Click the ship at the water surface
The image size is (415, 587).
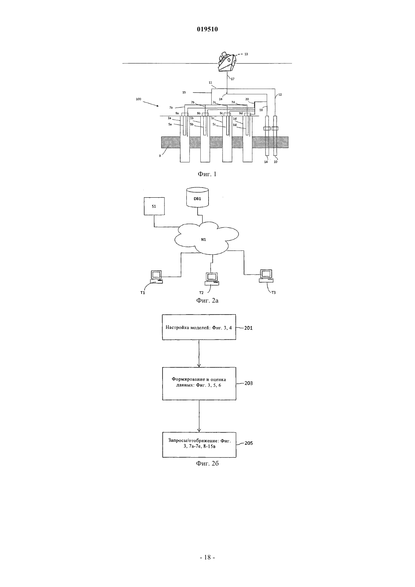click(227, 62)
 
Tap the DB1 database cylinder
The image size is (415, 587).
click(197, 197)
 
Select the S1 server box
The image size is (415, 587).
click(154, 206)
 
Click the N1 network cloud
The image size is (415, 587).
click(206, 238)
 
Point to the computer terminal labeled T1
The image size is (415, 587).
click(156, 277)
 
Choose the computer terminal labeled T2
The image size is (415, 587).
click(212, 279)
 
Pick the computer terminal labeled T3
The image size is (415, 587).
click(266, 276)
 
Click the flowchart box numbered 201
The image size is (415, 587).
click(199, 327)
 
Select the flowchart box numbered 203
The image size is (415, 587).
click(199, 384)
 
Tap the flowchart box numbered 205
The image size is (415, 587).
click(199, 445)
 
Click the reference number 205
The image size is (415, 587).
click(249, 443)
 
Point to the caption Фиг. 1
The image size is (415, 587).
click(207, 174)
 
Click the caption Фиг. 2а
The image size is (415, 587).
click(207, 300)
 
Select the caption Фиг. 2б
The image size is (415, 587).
click(207, 464)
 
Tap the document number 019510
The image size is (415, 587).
click(207, 29)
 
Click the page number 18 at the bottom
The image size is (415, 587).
click(207, 558)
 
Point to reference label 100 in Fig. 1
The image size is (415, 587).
click(138, 99)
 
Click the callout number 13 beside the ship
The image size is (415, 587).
click(246, 54)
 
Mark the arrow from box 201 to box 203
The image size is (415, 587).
click(199, 353)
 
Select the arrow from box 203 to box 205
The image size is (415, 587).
click(199, 416)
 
